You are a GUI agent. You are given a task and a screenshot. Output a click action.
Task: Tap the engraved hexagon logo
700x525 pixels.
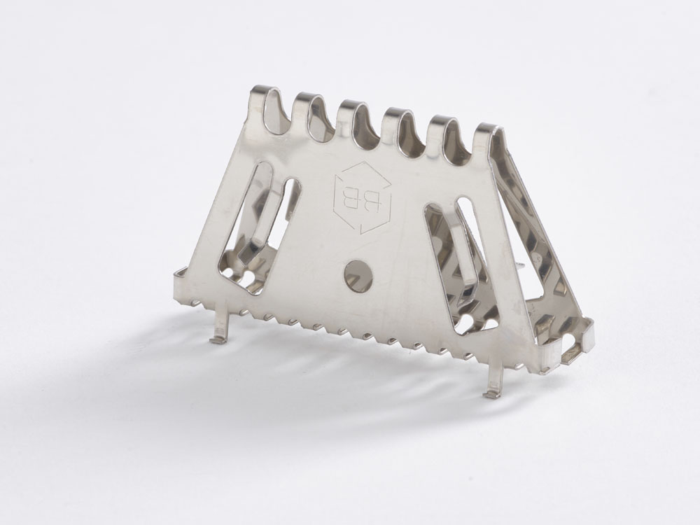click(x=363, y=197)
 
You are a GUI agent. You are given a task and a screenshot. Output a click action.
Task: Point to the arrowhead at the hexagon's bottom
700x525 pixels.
click(x=364, y=228)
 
